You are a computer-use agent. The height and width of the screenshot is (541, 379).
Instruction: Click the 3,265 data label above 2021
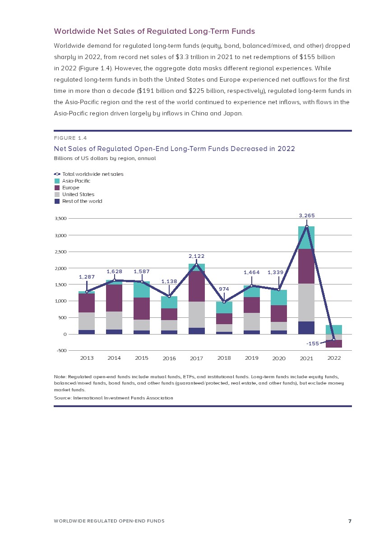307,215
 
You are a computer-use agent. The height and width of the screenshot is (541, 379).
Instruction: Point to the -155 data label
313,344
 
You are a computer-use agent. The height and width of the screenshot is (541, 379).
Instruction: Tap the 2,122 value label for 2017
196,256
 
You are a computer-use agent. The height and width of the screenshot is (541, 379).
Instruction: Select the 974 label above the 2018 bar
224,289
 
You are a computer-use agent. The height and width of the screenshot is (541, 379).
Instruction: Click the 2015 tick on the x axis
142,358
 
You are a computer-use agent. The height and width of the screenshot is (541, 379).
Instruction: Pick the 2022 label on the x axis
334,358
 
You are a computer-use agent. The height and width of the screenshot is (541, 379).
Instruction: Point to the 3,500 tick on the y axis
60,219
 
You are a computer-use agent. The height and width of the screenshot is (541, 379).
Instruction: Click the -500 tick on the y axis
61,351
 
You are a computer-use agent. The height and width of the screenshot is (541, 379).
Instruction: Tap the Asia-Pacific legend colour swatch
57,181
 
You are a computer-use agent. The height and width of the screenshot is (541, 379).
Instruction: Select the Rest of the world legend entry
82,201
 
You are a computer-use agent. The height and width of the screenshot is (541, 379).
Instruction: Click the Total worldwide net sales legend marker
57,174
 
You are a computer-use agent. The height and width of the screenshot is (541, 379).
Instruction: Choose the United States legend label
78,194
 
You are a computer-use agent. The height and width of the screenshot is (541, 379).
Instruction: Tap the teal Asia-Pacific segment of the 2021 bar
307,238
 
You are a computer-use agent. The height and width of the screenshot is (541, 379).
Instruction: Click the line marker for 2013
87,292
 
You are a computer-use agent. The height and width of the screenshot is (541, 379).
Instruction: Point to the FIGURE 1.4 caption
70,138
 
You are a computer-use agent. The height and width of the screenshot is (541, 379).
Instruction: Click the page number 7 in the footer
350,521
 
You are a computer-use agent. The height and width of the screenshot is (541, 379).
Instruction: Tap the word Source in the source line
62,398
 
